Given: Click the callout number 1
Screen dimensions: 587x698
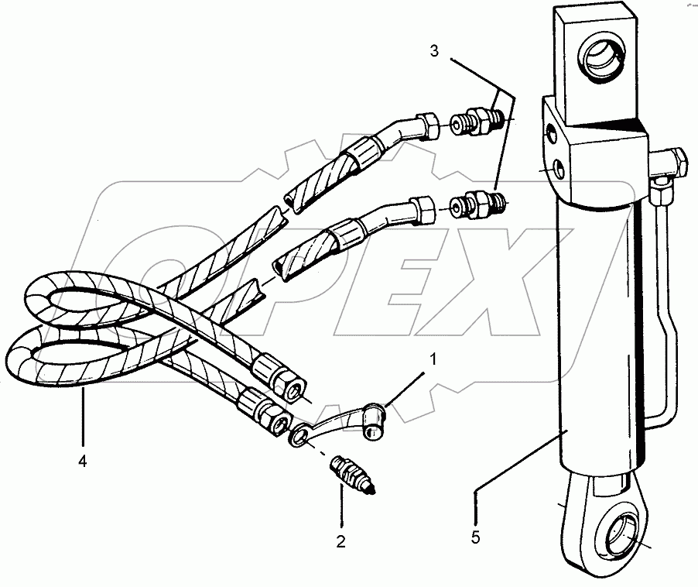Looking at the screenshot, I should tap(433, 359).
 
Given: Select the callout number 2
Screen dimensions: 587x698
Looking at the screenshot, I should tap(340, 541).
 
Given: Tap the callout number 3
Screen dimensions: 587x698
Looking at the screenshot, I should tap(435, 52).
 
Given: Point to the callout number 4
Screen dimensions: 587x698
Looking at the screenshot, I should tap(82, 462).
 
